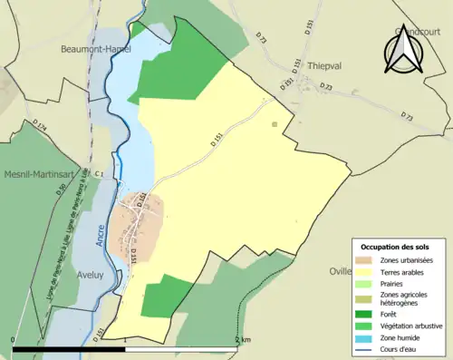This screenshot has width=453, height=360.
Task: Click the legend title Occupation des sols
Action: pyautogui.click(x=396, y=247)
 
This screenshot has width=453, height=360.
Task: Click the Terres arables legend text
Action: pyautogui.click(x=405, y=272)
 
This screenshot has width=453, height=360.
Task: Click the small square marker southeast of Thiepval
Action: pyautogui.click(x=274, y=123)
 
